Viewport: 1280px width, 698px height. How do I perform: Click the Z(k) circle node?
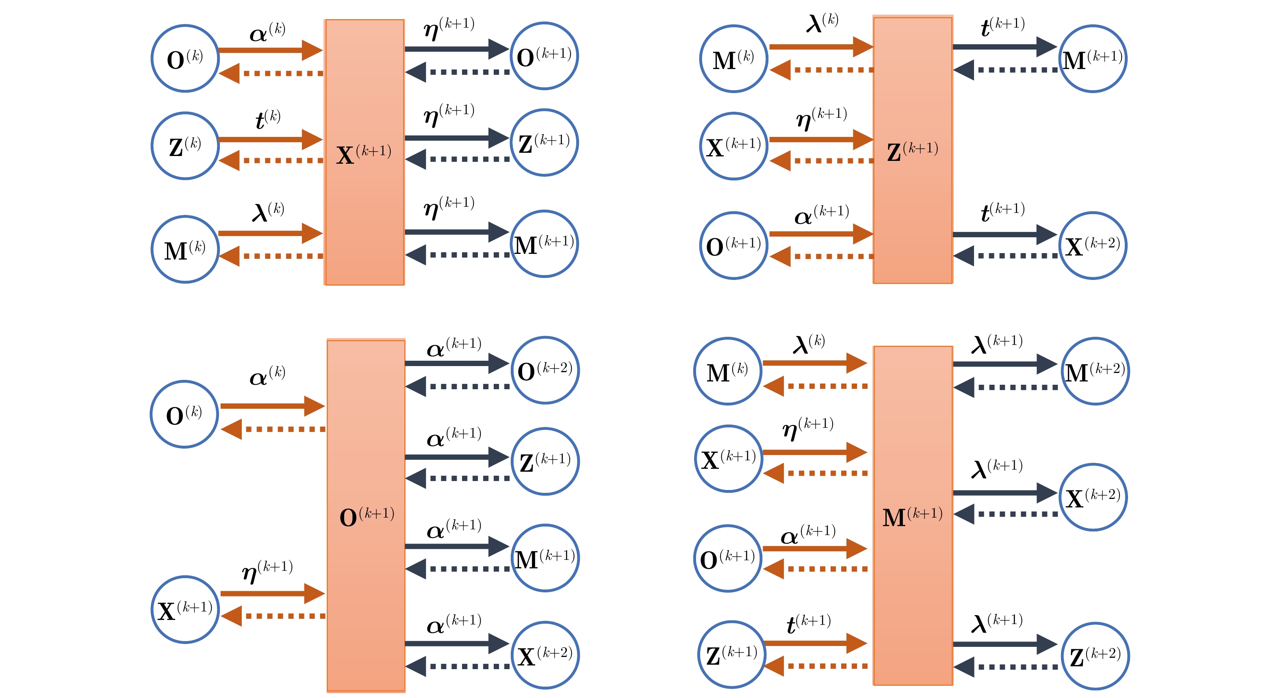coord(185,145)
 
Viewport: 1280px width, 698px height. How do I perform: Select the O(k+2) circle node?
coord(545,370)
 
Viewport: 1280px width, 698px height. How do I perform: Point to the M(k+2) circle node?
coord(1095,371)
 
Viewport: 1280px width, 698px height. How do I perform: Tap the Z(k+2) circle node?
coord(1095,656)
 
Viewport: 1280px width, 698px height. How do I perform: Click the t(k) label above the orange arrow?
coord(268,119)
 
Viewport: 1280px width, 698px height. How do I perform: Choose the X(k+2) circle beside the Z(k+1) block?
coord(1093,245)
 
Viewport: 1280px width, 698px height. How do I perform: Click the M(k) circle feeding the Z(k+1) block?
coord(733,59)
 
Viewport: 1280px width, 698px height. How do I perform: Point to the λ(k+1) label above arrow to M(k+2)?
coord(997,343)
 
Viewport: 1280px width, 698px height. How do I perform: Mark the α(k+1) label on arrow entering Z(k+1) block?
coord(821,214)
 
